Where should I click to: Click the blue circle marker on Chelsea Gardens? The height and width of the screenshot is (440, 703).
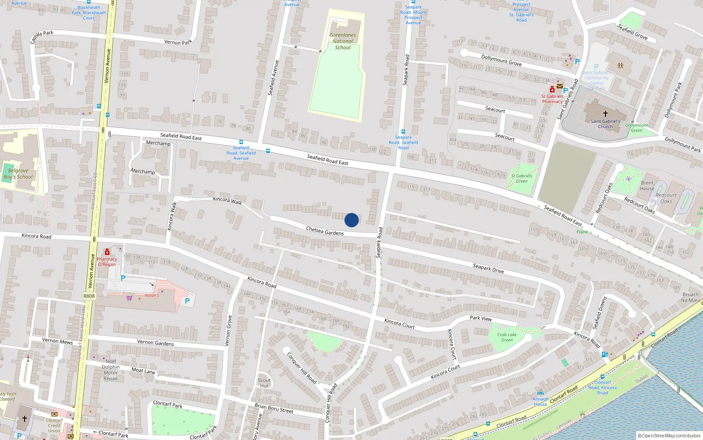tap(351, 220)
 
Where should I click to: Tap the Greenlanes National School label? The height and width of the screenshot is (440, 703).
tap(343, 41)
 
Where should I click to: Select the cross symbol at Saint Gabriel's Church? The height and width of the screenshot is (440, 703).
tap(605, 114)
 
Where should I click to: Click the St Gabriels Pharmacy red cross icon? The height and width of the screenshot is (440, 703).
tap(552, 90)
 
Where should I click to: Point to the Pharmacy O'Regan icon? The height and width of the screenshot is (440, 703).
tap(107, 252)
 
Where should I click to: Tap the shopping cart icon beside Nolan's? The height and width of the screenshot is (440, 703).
tap(129, 298)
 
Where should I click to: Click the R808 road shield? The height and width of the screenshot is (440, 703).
tap(89, 296)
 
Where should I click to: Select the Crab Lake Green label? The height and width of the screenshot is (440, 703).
tap(507, 337)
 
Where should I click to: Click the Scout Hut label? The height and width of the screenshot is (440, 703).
tap(264, 383)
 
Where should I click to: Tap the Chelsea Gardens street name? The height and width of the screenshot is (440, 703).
tap(325, 231)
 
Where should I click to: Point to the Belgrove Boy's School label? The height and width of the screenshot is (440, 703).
tap(18, 174)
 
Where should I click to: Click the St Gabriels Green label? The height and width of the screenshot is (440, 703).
tap(522, 178)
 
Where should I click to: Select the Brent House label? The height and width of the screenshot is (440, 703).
tap(647, 186)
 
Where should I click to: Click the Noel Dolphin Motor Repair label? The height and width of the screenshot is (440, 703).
tap(111, 370)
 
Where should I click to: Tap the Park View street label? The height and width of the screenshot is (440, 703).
tap(481, 318)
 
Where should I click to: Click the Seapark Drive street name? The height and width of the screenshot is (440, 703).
tap(488, 268)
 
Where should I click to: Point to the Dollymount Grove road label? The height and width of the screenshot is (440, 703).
tap(501, 60)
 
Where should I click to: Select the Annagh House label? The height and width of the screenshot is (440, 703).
tap(540, 401)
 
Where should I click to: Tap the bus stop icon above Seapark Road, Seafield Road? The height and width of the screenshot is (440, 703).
tap(403, 132)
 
